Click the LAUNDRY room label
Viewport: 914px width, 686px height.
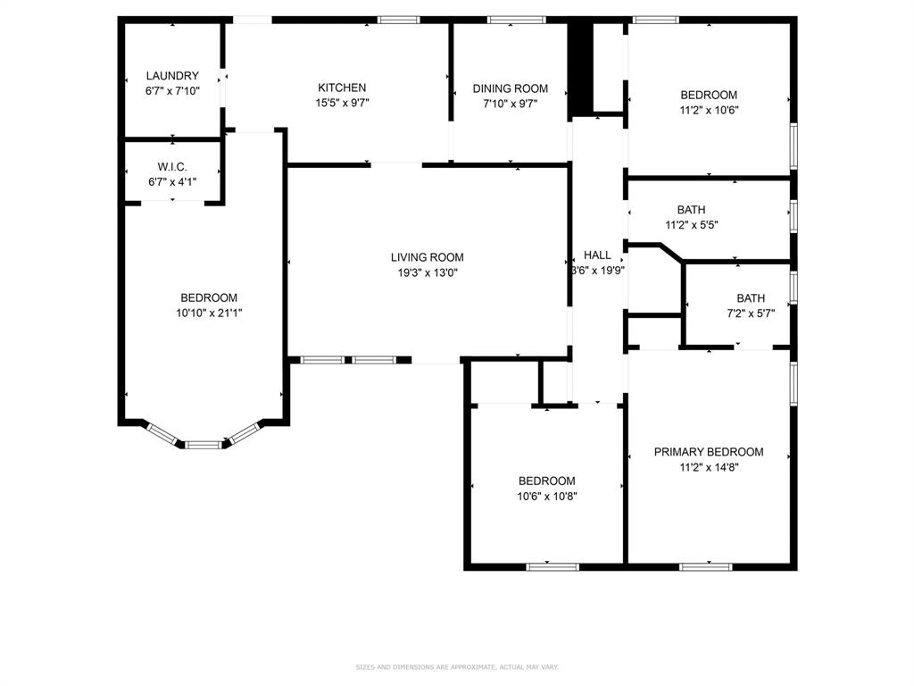click(x=172, y=76)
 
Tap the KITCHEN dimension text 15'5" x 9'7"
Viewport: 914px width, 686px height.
click(x=342, y=103)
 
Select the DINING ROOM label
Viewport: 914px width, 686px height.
click(x=510, y=88)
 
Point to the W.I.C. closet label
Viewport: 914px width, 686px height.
click(x=172, y=166)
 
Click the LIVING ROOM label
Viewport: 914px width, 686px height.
click(x=427, y=257)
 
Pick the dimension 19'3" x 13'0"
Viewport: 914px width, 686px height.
click(x=427, y=273)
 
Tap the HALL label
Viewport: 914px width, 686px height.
click(x=597, y=255)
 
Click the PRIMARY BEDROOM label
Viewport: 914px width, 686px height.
click(x=709, y=452)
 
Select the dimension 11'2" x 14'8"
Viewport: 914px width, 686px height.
click(x=709, y=467)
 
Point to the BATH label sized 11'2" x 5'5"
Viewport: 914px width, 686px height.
click(x=691, y=210)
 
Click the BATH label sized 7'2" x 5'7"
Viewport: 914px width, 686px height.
click(x=751, y=298)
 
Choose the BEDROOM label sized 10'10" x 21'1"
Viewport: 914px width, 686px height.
click(x=209, y=297)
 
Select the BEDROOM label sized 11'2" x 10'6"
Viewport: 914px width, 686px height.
click(x=709, y=95)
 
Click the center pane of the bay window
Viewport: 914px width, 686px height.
click(x=204, y=444)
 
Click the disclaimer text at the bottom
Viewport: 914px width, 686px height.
click(x=456, y=666)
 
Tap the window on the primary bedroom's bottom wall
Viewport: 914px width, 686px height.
click(x=706, y=566)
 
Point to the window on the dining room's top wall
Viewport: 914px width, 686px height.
click(x=516, y=20)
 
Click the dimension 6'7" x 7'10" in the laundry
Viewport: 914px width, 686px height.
click(x=172, y=91)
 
